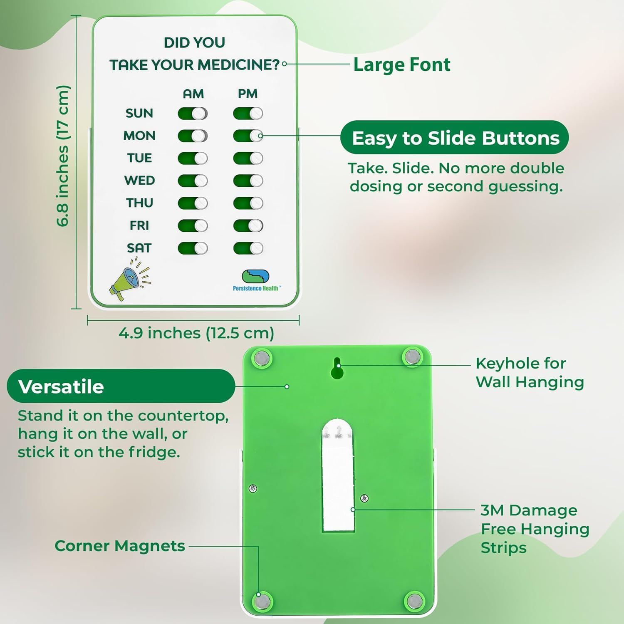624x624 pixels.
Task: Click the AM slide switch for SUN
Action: [x=193, y=114]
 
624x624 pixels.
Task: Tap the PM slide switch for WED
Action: [x=248, y=181]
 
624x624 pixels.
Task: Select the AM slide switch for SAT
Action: [x=193, y=248]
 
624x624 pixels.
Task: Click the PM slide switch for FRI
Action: [x=248, y=226]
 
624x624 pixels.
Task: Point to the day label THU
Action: [x=140, y=203]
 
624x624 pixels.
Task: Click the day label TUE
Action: [x=140, y=158]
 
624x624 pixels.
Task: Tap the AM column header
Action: [x=193, y=94]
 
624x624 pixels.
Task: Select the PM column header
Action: [x=248, y=94]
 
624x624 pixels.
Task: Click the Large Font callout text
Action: [x=401, y=65]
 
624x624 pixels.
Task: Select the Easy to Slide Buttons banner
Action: [x=455, y=138]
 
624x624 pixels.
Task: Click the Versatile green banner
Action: [x=121, y=386]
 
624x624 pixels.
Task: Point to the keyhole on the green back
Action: [x=337, y=368]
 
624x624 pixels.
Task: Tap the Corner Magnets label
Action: [x=120, y=546]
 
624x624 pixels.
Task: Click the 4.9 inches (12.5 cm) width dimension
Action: [x=196, y=333]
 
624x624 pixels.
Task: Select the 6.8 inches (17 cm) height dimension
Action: [x=63, y=156]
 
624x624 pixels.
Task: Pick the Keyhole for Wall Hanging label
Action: [x=530, y=373]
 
